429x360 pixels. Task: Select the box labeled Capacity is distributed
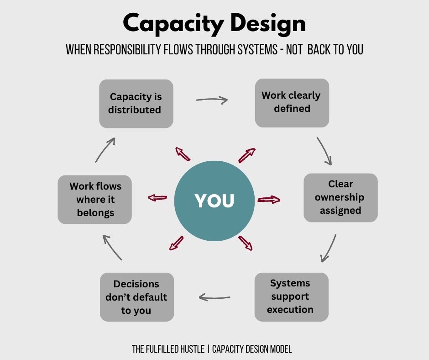(x=136, y=104)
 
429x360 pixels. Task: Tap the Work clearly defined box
(x=292, y=102)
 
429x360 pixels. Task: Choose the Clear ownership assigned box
(x=340, y=197)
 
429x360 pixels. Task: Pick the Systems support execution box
(x=291, y=296)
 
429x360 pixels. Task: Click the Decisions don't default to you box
(x=137, y=297)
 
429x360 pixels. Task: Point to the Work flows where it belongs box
(x=95, y=200)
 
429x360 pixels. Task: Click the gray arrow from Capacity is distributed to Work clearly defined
(x=212, y=100)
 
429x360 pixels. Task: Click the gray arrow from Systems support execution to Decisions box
(x=214, y=298)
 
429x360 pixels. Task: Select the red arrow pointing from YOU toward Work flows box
(x=158, y=198)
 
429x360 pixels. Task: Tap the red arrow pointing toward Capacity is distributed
(x=183, y=154)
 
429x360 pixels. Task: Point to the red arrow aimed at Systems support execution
(x=245, y=243)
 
